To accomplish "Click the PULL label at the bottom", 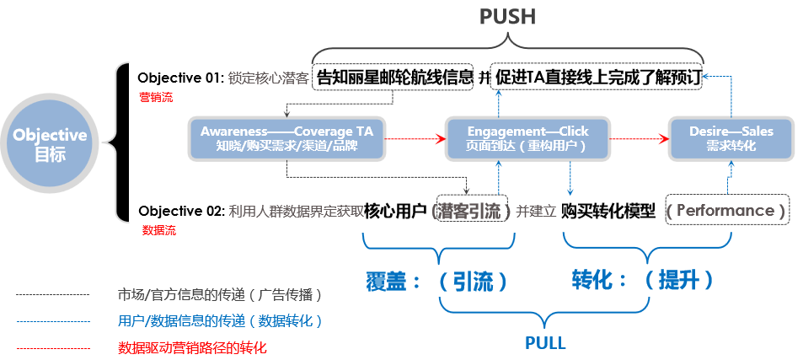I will point(545,343).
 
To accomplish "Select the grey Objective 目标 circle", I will point(50,142).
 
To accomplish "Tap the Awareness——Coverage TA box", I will point(287,138).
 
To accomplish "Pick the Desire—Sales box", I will point(731,138).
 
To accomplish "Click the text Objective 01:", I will point(180,78).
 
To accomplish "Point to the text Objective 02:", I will point(180,210).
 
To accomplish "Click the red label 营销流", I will point(155,97).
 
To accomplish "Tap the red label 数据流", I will point(158,230).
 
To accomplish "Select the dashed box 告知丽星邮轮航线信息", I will point(394,78).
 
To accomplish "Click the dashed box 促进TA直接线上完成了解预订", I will point(597,78).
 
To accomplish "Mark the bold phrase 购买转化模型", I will point(608,211).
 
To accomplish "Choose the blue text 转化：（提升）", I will point(643,279).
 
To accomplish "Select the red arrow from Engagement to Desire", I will point(637,138).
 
